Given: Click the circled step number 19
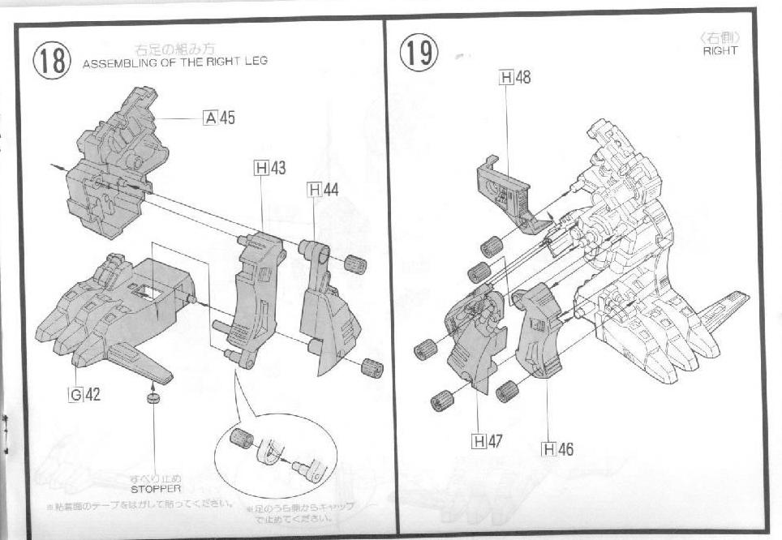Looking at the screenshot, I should point(419,52).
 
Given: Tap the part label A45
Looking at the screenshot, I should point(219,118).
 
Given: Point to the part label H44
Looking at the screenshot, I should point(323,190).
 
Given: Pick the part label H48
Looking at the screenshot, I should point(516,78).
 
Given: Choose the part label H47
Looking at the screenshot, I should point(487,441).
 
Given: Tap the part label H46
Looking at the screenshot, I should point(557,448).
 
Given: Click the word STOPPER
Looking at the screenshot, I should point(155,489).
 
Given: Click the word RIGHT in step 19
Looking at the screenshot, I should point(720,50).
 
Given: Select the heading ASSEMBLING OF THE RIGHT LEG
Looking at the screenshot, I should point(174,62).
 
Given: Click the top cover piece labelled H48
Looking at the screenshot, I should point(507,191).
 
